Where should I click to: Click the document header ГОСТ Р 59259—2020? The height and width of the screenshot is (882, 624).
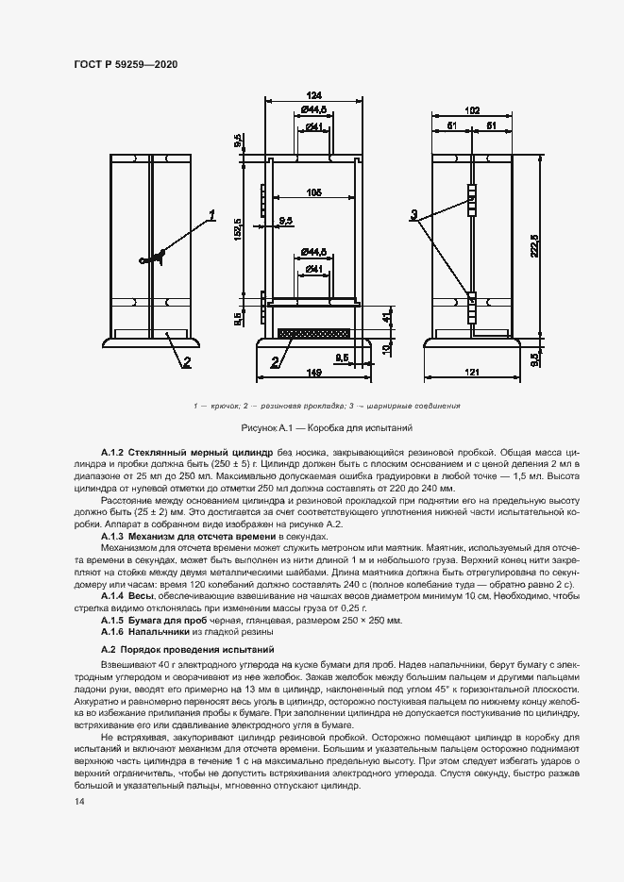click(126, 64)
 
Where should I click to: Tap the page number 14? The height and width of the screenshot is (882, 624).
click(78, 801)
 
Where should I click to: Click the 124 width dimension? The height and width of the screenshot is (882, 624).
click(314, 94)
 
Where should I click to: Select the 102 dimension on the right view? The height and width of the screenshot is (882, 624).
click(473, 110)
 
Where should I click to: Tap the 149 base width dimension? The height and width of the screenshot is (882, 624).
click(314, 372)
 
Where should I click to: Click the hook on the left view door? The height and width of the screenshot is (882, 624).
click(151, 257)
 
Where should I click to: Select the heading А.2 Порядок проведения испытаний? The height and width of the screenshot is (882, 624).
click(187, 651)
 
